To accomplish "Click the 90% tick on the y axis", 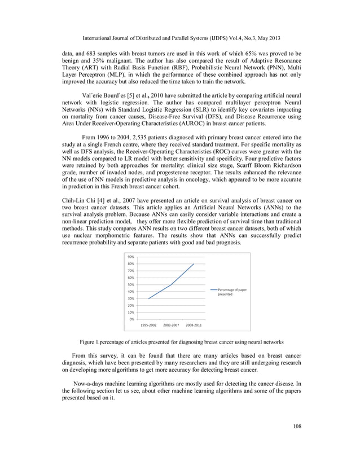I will [x=130, y=257].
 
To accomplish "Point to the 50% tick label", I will [x=130, y=284].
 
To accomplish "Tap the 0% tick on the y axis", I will [x=131, y=319].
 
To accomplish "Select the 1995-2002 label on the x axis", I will [x=148, y=326].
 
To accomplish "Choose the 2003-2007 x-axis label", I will [x=171, y=326].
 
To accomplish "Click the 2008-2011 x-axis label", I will [x=194, y=326].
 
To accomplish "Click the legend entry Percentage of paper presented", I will [x=232, y=292].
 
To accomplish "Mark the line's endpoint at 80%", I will [x=194, y=264].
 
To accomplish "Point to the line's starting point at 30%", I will [x=148, y=298].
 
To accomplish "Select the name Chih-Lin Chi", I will [x=74, y=201].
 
